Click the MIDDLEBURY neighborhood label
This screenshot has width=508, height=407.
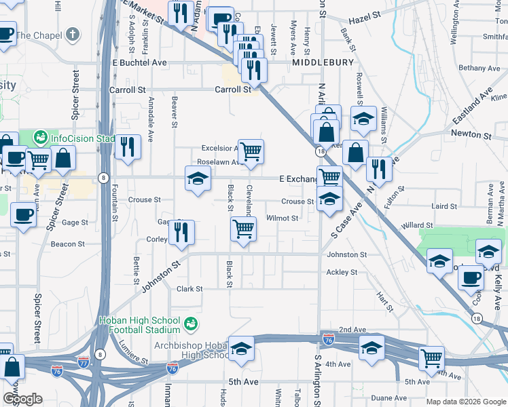pyautogui.click(x=323, y=62)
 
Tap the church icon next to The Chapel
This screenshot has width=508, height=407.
pyautogui.click(x=73, y=35)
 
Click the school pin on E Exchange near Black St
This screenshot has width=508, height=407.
pyautogui.click(x=198, y=178)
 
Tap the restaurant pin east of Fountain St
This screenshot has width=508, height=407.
pyautogui.click(x=127, y=146)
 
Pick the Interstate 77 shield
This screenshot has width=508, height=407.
pyautogui.click(x=84, y=362)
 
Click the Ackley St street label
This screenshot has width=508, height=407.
pyautogui.click(x=342, y=272)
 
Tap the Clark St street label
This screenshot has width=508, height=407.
pyautogui.click(x=189, y=289)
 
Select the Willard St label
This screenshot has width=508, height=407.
pyautogui.click(x=417, y=225)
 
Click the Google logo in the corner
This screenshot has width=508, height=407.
pyautogui.click(x=22, y=399)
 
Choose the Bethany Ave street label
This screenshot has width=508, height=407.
pyautogui.click(x=479, y=68)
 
